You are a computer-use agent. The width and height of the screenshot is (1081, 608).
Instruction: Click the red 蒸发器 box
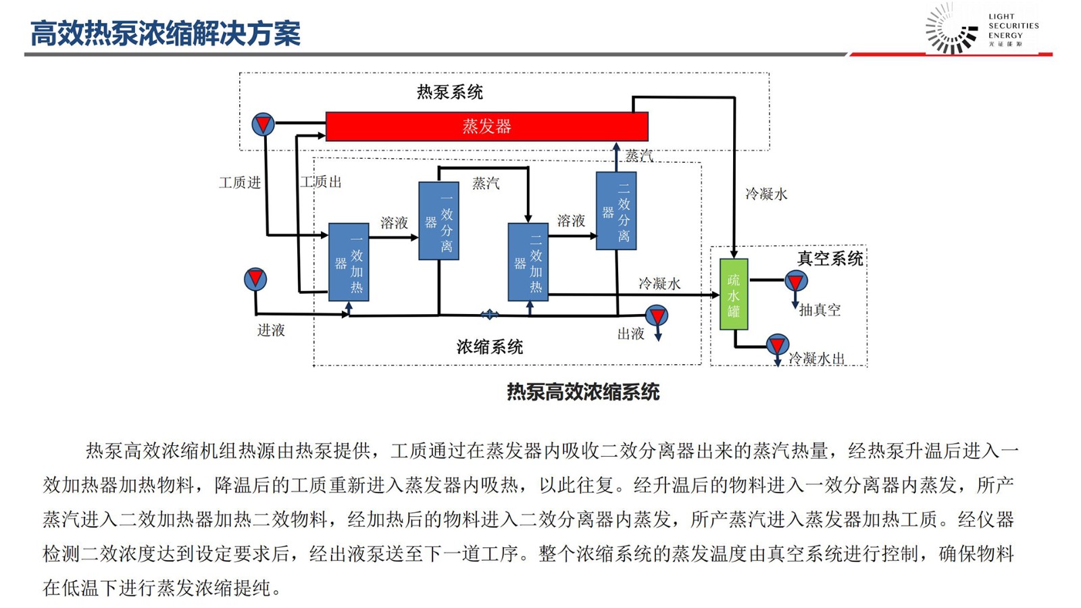[486, 126]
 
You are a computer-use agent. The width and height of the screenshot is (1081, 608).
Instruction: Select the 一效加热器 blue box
[349, 262]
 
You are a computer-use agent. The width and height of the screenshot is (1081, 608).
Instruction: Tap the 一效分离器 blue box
[438, 221]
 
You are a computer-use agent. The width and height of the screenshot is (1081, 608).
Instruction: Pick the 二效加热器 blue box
[528, 262]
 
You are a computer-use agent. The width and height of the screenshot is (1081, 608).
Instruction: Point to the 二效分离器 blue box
[616, 211]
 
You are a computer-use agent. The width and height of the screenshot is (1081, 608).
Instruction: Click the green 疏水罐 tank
[734, 295]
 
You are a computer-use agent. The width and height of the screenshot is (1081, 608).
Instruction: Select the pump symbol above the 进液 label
[255, 278]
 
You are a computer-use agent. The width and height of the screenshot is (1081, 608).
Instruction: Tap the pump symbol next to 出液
[657, 315]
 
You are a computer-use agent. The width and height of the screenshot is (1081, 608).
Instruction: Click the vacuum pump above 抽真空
[796, 280]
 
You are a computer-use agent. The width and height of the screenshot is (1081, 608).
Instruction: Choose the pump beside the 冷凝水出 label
[778, 345]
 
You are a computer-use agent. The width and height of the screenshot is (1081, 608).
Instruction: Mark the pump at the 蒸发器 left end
[263, 124]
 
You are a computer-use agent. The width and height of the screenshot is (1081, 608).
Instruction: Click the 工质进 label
[240, 183]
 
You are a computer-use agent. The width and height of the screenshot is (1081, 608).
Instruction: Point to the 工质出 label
[321, 182]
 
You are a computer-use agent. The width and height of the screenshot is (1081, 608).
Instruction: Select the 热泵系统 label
[450, 92]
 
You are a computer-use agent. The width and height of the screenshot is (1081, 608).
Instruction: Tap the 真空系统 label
[830, 259]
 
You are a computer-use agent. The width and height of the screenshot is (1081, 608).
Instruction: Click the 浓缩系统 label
[490, 347]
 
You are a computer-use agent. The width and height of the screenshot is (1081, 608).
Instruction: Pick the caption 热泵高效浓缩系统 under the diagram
[583, 392]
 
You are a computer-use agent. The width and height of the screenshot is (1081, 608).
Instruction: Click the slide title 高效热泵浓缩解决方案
[166, 34]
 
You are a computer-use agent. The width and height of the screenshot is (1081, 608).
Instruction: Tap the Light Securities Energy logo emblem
[951, 29]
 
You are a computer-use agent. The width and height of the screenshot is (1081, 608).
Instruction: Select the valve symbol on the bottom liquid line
[489, 314]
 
